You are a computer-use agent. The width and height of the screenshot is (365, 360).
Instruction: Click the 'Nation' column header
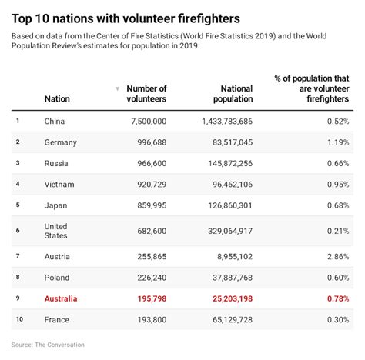coord(57,99)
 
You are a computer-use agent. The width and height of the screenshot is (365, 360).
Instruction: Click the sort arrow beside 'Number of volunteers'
coord(117,89)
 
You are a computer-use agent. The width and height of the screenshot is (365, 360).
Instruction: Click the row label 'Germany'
coord(62,142)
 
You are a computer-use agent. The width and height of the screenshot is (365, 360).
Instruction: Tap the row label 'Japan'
coord(56,205)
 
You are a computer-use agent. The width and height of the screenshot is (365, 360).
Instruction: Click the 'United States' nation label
coord(56,231)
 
